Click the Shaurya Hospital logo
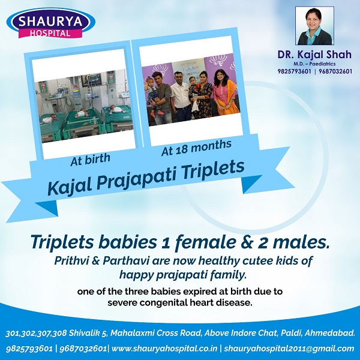51,23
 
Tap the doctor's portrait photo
314,25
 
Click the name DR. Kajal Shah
314,55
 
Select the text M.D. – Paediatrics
314,64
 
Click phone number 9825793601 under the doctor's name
294,71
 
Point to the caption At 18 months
196,148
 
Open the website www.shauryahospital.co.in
164,348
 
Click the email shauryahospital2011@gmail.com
289,349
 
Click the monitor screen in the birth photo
94,79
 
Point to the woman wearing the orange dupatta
223,92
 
